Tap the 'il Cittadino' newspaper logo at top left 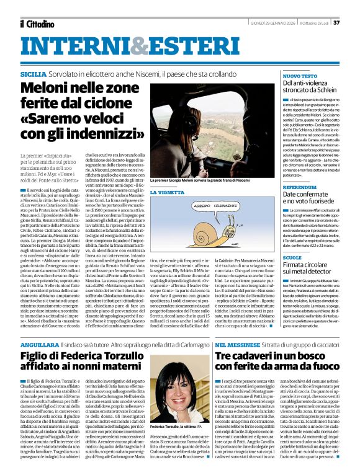pyautogui.click(x=37, y=24)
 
